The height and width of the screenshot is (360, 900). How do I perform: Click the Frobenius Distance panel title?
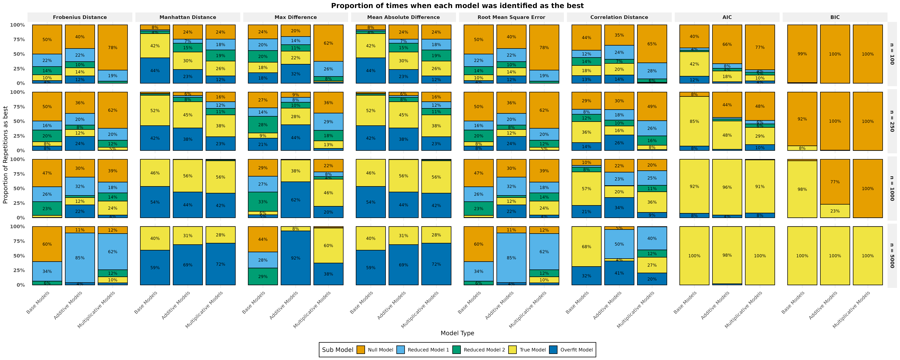[x=80, y=17]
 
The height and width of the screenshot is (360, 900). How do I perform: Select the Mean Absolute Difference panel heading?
[x=403, y=17]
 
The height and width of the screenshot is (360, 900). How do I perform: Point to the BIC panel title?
[x=835, y=17]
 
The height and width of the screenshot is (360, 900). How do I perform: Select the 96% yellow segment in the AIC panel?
[x=727, y=187]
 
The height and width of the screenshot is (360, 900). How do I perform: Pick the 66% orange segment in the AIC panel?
[x=727, y=44]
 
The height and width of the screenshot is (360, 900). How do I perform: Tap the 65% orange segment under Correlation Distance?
[x=652, y=44]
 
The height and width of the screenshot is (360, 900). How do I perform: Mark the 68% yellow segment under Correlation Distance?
[x=587, y=247]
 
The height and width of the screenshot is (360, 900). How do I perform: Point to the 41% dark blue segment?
[x=619, y=273]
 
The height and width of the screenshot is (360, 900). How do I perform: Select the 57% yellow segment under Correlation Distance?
[x=587, y=189]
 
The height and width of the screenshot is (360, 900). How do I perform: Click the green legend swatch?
[x=456, y=350]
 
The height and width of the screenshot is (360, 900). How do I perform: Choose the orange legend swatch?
[x=361, y=350]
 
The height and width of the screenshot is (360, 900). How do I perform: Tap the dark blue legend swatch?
[x=553, y=350]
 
